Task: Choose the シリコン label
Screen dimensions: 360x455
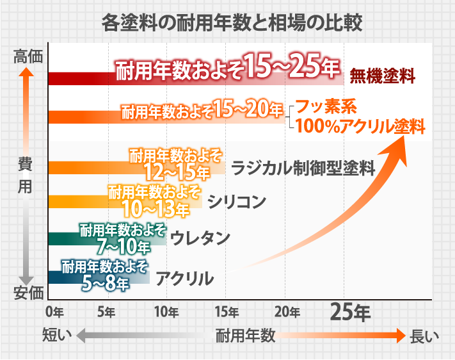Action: pos(237,202)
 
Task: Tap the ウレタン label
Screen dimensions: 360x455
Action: pos(201,239)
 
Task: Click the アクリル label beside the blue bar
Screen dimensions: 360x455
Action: pos(185,278)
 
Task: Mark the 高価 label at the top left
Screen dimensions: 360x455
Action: pos(28,56)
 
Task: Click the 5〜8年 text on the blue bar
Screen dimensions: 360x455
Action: pos(106,282)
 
